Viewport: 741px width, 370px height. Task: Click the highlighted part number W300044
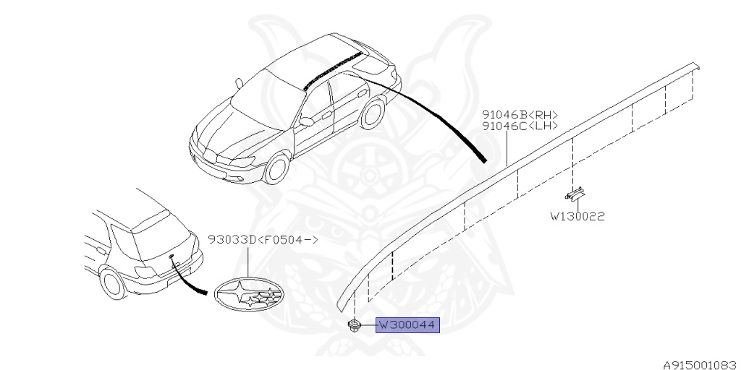click(x=407, y=326)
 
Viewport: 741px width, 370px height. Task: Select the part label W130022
click(x=576, y=215)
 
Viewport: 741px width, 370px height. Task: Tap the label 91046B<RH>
click(x=520, y=114)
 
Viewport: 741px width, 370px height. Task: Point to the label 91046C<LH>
click(x=520, y=126)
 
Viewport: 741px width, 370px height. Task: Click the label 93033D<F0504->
click(x=263, y=239)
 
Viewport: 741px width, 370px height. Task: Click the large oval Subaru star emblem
click(x=247, y=294)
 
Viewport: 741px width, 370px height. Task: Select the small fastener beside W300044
click(x=355, y=325)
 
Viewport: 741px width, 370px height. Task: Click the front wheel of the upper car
click(x=276, y=170)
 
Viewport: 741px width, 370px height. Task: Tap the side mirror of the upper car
click(x=306, y=121)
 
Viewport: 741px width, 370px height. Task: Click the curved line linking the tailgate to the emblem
click(x=190, y=283)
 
